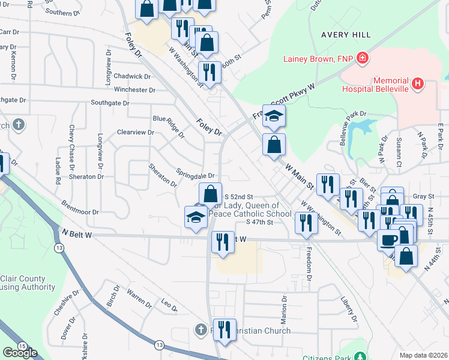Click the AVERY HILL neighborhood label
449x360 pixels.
coord(345,35)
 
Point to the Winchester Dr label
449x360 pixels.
coord(135,90)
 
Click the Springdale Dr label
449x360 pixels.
coord(195,173)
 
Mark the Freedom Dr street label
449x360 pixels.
coord(309,263)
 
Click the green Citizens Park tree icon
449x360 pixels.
coord(360,356)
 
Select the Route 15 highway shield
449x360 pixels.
coord(22,346)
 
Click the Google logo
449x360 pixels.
coord(20,353)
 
